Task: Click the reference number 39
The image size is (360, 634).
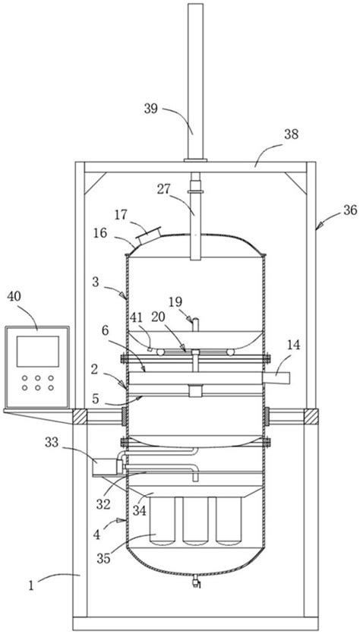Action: [151, 109]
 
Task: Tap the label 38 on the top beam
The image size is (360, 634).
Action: [291, 134]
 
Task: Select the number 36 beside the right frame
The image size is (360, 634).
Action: [350, 210]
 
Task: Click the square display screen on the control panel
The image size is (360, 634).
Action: [38, 352]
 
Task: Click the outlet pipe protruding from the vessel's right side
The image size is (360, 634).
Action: [276, 378]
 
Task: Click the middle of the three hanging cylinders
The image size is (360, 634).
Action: [196, 520]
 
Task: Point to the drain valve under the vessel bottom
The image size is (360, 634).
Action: [196, 582]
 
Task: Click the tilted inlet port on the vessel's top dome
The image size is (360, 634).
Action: [147, 235]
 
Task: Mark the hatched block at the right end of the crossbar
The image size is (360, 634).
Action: [311, 417]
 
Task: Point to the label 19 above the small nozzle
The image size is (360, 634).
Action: [175, 302]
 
